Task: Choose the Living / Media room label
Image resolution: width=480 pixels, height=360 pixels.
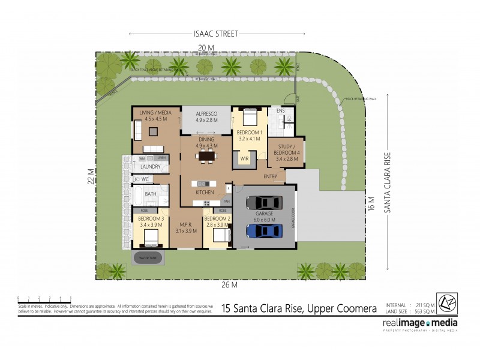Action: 155,115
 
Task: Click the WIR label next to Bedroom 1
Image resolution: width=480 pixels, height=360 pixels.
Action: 244,159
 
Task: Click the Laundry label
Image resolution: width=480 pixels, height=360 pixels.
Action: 150,167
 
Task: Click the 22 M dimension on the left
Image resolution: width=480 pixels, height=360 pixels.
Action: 91,176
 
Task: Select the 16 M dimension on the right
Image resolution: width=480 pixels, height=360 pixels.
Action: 371,204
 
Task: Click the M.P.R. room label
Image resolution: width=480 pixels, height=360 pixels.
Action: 185,226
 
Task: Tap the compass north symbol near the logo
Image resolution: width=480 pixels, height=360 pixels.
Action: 448,303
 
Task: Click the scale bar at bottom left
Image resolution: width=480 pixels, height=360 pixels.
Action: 45,298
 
